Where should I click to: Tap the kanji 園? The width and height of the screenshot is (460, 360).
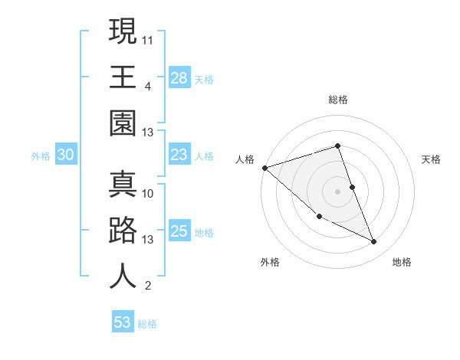click(x=123, y=123)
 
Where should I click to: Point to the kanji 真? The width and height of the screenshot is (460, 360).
click(x=123, y=184)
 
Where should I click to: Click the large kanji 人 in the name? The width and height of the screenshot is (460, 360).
click(x=123, y=277)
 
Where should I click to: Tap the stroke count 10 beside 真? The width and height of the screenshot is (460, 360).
click(x=148, y=193)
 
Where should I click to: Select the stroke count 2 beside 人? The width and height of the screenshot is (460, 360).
click(x=148, y=286)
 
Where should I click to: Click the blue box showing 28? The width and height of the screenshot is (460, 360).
click(x=179, y=78)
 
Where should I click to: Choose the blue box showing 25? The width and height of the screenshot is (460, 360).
click(x=179, y=231)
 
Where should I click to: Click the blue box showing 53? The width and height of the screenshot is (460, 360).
click(x=123, y=322)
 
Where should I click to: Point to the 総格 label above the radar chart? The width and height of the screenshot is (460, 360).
click(x=338, y=100)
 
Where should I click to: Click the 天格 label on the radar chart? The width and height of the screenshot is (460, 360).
click(x=431, y=159)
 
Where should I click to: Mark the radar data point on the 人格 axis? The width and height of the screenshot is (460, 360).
click(x=264, y=168)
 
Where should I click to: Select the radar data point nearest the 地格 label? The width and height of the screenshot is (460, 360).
click(x=374, y=242)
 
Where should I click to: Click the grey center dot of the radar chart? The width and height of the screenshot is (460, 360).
click(x=338, y=191)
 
